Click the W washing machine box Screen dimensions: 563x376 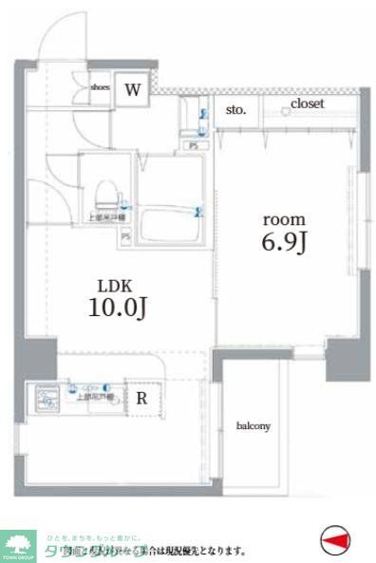tap(134, 91)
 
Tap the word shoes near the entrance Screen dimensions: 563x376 tap(100, 87)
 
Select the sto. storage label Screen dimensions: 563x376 tap(236, 110)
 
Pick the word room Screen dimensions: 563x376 tap(283, 217)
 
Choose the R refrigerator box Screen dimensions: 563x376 tap(141, 399)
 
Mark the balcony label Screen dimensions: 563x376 tap(254, 426)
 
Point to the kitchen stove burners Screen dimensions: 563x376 tap(45, 399)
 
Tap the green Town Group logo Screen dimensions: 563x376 tap(18, 545)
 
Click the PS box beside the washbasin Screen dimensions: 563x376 tap(194, 145)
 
